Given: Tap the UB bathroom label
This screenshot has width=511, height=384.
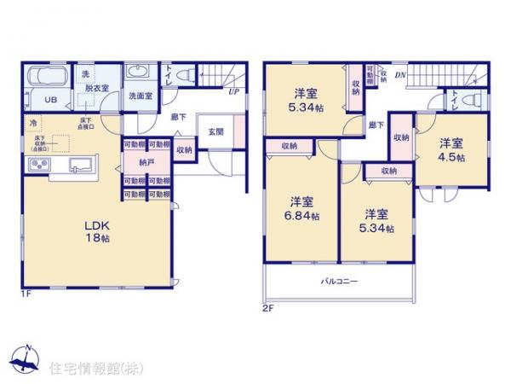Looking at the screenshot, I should (50, 99).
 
